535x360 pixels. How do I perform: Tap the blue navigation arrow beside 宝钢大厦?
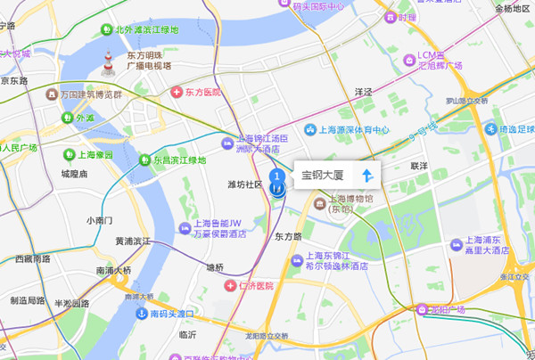pos(366,174)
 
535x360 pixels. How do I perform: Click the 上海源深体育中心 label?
pos(356,129)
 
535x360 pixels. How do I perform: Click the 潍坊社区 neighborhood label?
pos(245,184)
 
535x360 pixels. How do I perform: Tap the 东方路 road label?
pos(288,237)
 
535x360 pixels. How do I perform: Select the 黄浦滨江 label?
pos(133,241)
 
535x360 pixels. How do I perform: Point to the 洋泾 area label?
pos(362,91)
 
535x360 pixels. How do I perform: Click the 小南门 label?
pos(99,220)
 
